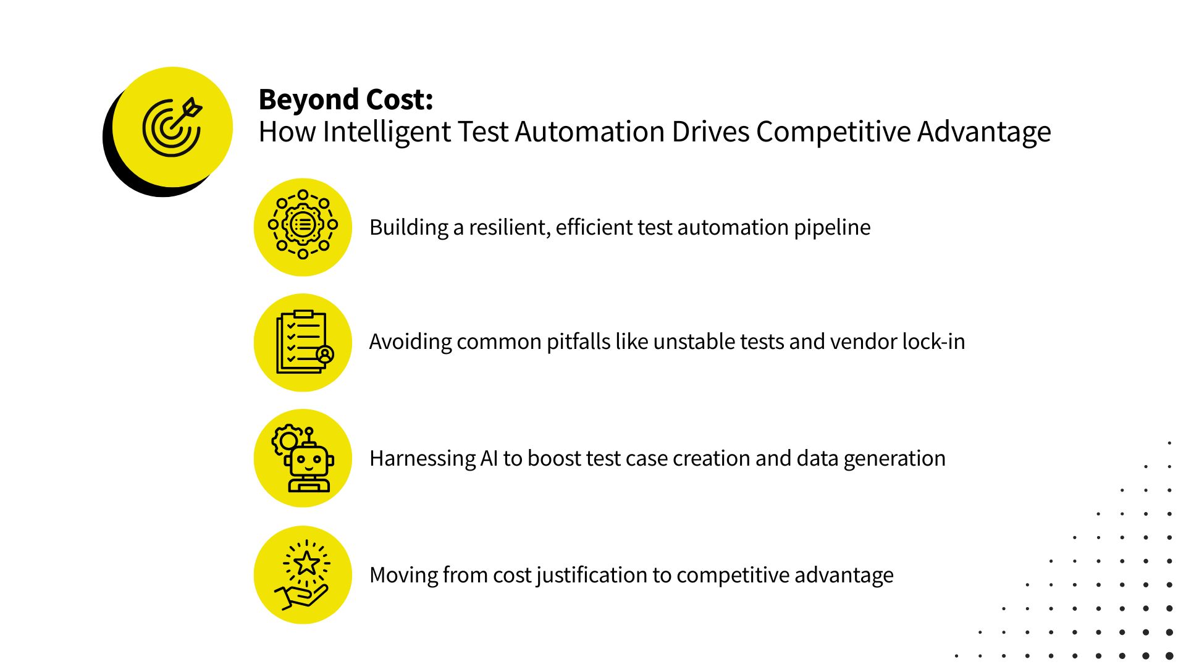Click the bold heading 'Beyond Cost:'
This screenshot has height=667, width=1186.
(x=345, y=99)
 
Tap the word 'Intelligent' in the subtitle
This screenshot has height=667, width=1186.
(x=387, y=132)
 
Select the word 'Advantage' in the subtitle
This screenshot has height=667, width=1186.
(x=983, y=132)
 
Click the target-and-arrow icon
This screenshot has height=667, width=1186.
(x=172, y=127)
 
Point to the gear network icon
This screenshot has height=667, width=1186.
(x=303, y=225)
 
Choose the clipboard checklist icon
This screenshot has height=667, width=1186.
(x=303, y=342)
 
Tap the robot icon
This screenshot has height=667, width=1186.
(x=303, y=458)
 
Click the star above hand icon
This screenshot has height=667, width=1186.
(x=303, y=575)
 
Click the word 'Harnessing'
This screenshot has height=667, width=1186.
(x=423, y=459)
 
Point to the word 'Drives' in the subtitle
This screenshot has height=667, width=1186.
(x=710, y=132)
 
